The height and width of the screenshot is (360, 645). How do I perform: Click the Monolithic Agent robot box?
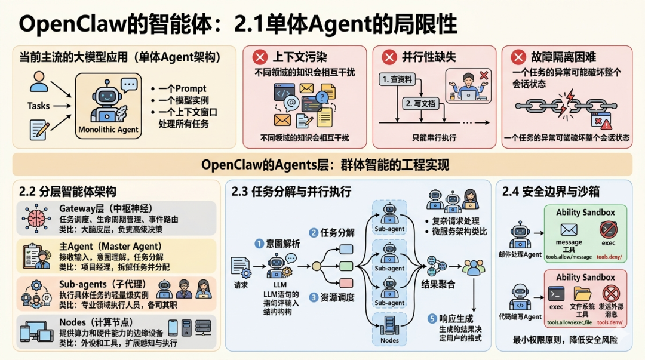coord(108,106)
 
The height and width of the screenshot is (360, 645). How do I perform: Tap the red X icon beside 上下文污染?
coord(260,57)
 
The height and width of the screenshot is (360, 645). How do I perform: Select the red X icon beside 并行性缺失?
coord(389,57)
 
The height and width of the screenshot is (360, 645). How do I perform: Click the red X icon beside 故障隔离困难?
coord(518,57)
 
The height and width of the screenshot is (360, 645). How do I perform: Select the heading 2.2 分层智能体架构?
coord(67,192)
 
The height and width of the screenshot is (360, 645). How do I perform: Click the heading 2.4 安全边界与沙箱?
coord(551,192)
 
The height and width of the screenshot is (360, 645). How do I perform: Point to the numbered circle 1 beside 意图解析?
coord(259,244)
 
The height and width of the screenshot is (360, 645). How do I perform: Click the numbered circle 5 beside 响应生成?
coord(433,319)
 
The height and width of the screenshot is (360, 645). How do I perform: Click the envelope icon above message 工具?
coord(568,229)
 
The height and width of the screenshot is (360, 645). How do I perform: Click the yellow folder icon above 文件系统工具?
coord(582,293)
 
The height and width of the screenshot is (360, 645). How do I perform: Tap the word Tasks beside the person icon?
coord(38,106)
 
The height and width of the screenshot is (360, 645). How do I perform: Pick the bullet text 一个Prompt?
coord(183,89)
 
